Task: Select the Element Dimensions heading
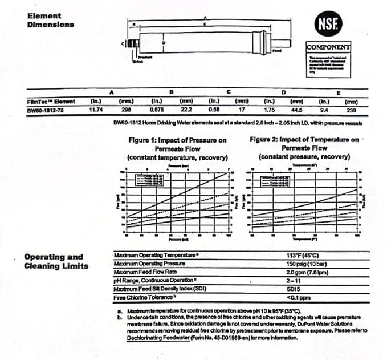[50, 20]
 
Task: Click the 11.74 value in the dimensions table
[95, 110]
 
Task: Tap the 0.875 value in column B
[157, 110]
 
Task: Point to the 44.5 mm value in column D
[295, 110]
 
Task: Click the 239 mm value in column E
[352, 110]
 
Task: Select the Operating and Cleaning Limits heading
[54, 261]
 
